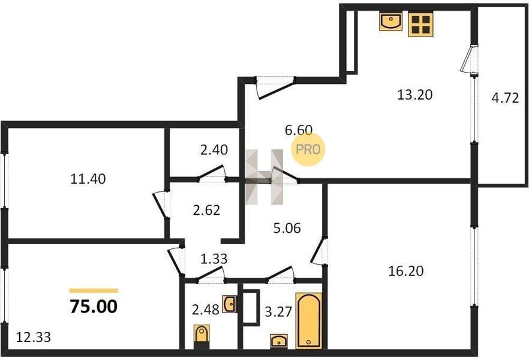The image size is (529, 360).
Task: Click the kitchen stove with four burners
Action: point(420,23)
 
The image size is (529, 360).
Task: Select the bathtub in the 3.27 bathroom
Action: point(309,320)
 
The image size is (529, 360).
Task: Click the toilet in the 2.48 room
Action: point(202,337)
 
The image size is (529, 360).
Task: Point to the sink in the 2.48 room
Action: point(229,304)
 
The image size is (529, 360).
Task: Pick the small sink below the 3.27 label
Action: point(279,341)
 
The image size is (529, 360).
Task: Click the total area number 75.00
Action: point(94,307)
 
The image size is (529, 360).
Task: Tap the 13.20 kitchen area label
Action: point(414,95)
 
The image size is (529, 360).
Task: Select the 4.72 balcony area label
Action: point(505,98)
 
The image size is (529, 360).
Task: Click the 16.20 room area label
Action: point(406,271)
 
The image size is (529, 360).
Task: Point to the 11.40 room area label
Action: point(88,179)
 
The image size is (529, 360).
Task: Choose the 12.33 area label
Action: point(34,337)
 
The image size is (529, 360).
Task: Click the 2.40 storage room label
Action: point(214,149)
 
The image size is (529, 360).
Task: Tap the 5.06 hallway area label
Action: point(287,228)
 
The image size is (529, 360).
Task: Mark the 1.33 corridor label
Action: point(214,259)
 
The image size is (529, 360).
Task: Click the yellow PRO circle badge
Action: point(308,149)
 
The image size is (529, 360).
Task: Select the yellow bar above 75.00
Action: point(94,290)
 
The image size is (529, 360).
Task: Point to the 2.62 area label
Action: point(206,210)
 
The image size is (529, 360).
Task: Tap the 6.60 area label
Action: point(299,130)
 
